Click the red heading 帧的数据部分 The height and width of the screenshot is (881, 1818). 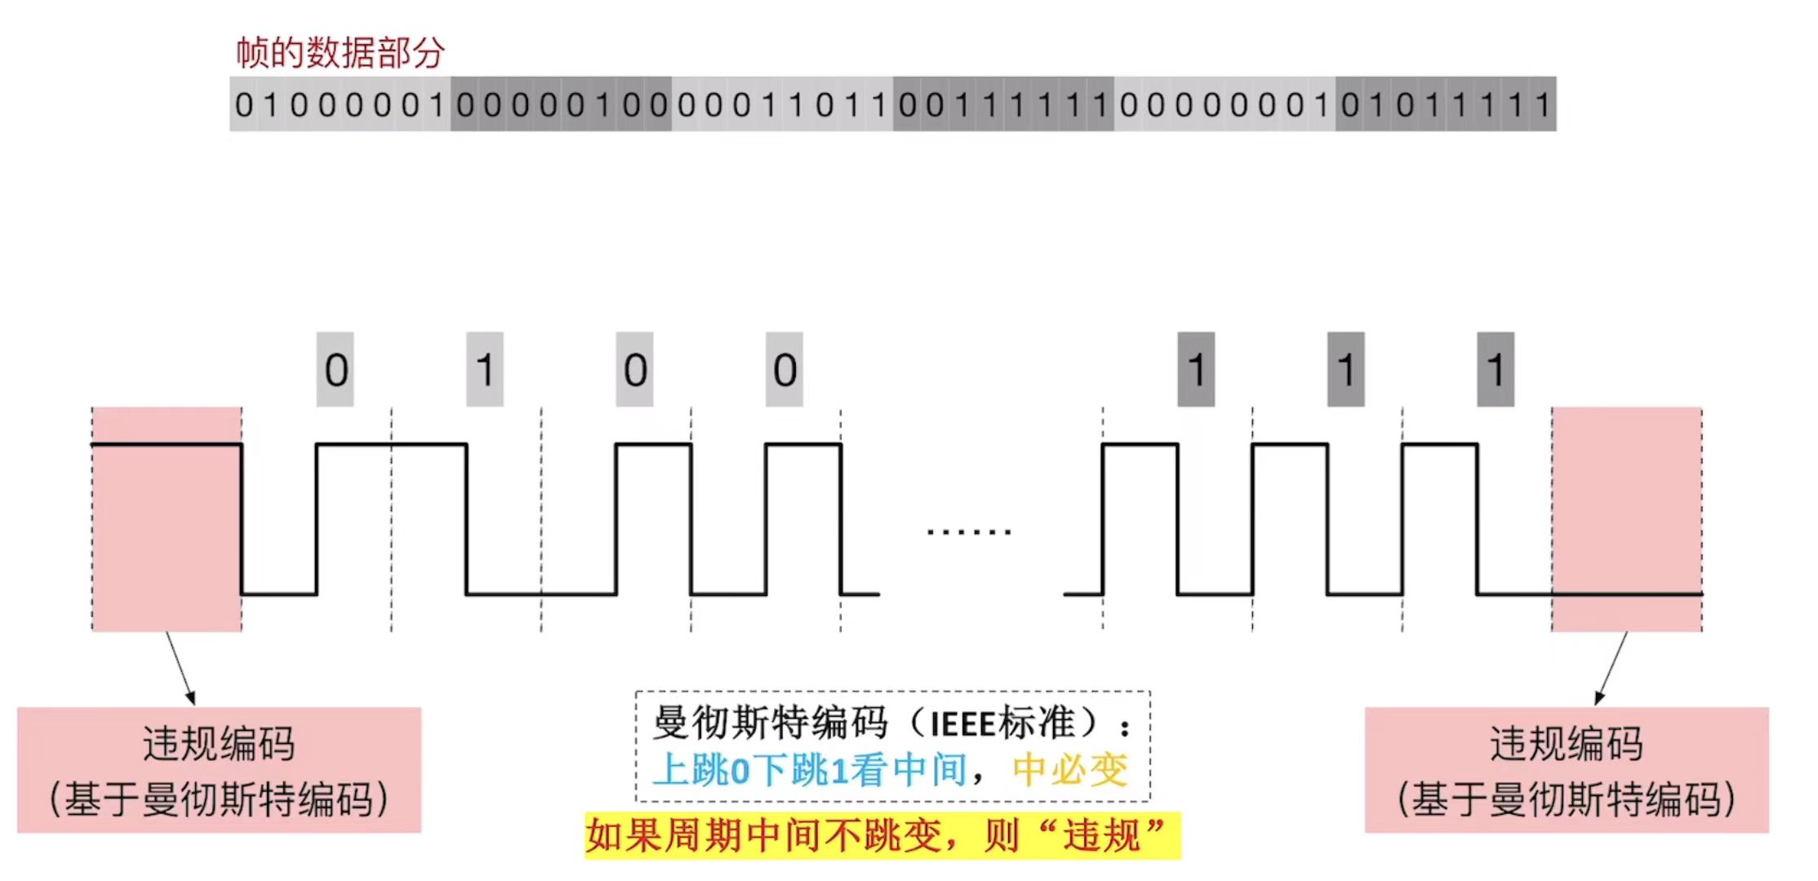340,53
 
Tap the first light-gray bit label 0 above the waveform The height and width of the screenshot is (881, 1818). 336,370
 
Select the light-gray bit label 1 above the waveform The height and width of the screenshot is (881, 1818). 485,370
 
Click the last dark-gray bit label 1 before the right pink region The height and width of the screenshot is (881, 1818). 1496,370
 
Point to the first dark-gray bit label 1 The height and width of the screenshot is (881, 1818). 1196,370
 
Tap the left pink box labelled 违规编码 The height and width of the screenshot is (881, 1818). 219,770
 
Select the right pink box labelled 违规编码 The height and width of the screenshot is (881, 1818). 1567,770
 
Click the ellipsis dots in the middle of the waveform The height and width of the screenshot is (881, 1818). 969,532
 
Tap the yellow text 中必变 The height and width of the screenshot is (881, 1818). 1070,770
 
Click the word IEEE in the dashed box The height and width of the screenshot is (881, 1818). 962,724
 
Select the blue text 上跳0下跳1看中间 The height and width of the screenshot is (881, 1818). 810,770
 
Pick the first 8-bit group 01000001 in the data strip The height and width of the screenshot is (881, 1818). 340,105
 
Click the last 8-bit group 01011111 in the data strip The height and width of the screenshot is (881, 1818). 1446,105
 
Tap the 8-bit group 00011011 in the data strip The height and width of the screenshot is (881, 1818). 782,105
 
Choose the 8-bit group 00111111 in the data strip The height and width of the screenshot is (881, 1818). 1003,105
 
